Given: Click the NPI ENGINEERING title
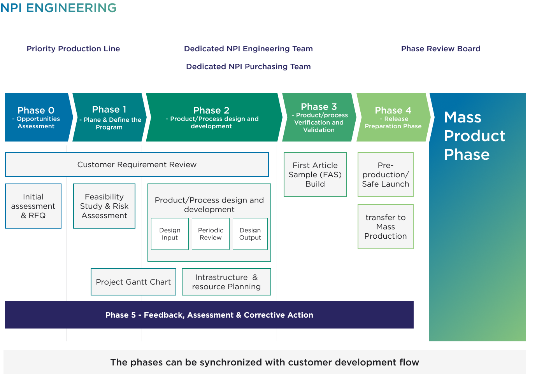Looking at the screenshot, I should pos(58,8).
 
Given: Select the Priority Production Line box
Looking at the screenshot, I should pos(73,49).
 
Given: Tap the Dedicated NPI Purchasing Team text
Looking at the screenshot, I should pos(248,66).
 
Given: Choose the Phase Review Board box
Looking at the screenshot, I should pos(440,49).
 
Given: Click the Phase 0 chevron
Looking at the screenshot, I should pos(36,117).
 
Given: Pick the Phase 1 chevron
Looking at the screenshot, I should pos(109,117).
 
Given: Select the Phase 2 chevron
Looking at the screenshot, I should pos(212,117).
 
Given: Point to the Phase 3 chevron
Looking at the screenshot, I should pos(319,117).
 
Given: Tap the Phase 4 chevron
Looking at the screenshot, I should pos(393,117).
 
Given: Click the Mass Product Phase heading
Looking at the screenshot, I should pos(474,136).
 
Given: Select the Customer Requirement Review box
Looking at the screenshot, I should pos(137,164).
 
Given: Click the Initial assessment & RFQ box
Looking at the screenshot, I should pos(33,206).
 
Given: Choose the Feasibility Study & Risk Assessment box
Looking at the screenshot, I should pos(104,206).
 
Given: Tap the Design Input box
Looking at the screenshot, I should pos(170,234).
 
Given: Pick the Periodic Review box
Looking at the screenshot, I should pos(211,234).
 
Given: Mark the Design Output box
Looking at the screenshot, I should pos(250,234).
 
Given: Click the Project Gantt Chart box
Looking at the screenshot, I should pos(133,282).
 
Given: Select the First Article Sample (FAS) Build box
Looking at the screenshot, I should pos(315,175).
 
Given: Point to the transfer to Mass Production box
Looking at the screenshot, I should pos(386,227).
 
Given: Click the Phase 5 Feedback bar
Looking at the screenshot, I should pos(209,315).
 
